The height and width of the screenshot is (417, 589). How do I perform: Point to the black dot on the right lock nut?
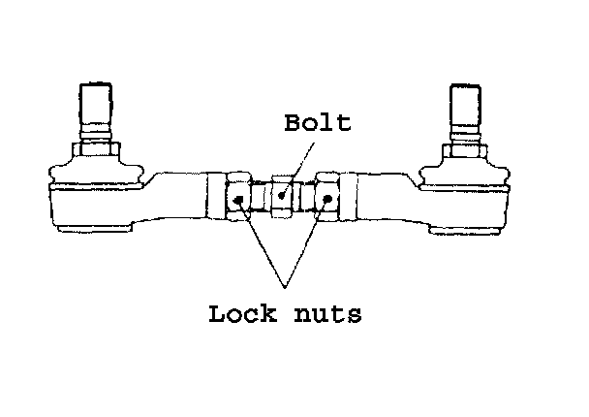tap(329, 200)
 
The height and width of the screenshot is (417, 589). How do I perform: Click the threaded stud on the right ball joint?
tap(466, 107)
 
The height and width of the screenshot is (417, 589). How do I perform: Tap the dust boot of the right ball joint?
tap(465, 173)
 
